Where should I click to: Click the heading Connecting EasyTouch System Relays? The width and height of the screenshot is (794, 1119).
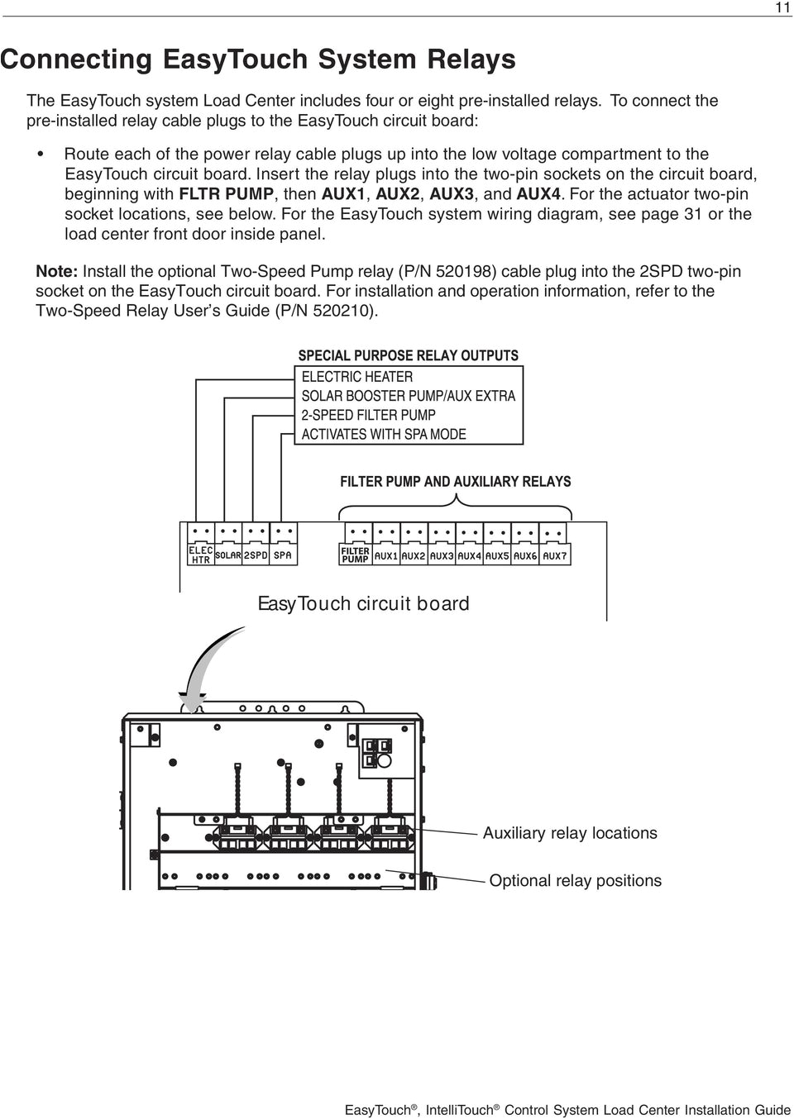click(x=257, y=60)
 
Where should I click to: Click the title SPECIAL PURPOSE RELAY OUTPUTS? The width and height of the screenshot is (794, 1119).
click(x=408, y=355)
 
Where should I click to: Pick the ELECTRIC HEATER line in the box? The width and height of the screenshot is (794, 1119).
click(x=356, y=377)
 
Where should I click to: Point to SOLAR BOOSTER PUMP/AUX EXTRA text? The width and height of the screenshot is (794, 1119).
click(x=408, y=396)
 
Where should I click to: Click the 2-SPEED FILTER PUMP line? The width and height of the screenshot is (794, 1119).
click(x=368, y=415)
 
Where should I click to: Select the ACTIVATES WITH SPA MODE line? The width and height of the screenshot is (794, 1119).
click(x=384, y=434)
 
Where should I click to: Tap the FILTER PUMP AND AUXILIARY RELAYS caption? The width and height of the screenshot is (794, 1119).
click(x=455, y=481)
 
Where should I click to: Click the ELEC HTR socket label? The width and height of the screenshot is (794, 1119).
click(x=201, y=555)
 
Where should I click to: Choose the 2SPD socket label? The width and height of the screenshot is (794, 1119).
click(x=256, y=555)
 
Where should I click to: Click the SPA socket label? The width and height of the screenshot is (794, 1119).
click(x=283, y=555)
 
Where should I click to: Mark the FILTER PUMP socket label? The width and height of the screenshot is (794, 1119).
click(x=356, y=555)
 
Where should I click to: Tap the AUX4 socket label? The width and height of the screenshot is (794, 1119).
click(x=469, y=556)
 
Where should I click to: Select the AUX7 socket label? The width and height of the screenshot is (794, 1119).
click(x=554, y=556)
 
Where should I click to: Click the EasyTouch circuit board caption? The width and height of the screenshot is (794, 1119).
click(x=364, y=603)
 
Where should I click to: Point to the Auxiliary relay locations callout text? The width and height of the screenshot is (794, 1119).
click(x=570, y=833)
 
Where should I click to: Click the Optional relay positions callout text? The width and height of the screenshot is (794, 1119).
click(x=575, y=880)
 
